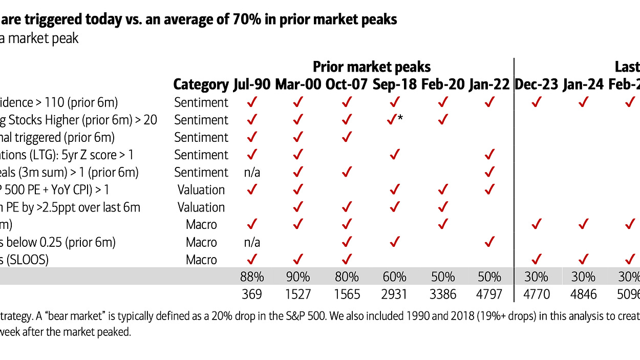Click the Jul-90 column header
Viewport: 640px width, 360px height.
(x=252, y=84)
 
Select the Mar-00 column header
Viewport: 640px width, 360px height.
(x=298, y=84)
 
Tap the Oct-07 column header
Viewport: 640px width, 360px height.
(x=347, y=84)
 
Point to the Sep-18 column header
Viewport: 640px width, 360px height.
(x=394, y=84)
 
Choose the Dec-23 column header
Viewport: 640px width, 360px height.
(x=536, y=84)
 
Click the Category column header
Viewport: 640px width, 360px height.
(x=201, y=84)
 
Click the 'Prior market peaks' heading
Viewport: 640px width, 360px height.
(x=372, y=67)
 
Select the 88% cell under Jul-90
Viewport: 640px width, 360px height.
(x=252, y=277)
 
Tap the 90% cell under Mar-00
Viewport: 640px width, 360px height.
(x=298, y=277)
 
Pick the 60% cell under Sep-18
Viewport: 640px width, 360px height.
(x=394, y=277)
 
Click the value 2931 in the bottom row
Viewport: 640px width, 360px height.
(x=394, y=294)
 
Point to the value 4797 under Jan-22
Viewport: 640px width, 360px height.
(x=489, y=294)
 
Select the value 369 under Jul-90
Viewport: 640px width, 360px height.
(x=252, y=294)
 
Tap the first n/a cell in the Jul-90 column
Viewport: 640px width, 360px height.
(x=252, y=173)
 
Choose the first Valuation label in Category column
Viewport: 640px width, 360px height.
(x=201, y=190)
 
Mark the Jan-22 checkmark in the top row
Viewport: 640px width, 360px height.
(x=489, y=102)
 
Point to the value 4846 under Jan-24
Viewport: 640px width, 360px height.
(x=583, y=294)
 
